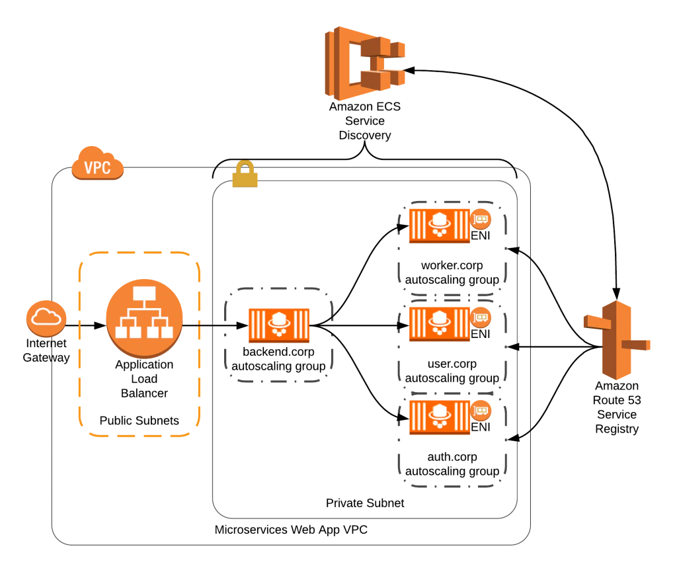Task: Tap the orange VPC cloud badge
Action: point(98,163)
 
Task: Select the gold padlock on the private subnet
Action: point(245,174)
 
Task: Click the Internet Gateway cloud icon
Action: point(46,319)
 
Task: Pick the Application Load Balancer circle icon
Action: point(144,319)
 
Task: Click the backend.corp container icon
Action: point(279,325)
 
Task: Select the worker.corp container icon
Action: point(440,225)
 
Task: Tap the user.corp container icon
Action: point(440,324)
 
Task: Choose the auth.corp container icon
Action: point(440,417)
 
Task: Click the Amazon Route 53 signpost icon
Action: point(617,340)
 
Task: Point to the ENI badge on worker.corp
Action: point(481,220)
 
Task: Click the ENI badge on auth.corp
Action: point(481,411)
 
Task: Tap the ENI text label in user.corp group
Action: point(481,334)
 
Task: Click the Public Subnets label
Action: point(139,421)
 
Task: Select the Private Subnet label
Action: point(365,503)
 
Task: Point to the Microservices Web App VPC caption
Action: point(291,530)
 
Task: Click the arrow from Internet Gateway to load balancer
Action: point(86,325)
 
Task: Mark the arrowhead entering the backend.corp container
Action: point(243,325)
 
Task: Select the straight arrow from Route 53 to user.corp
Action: point(555,347)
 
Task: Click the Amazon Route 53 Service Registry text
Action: point(617,407)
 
